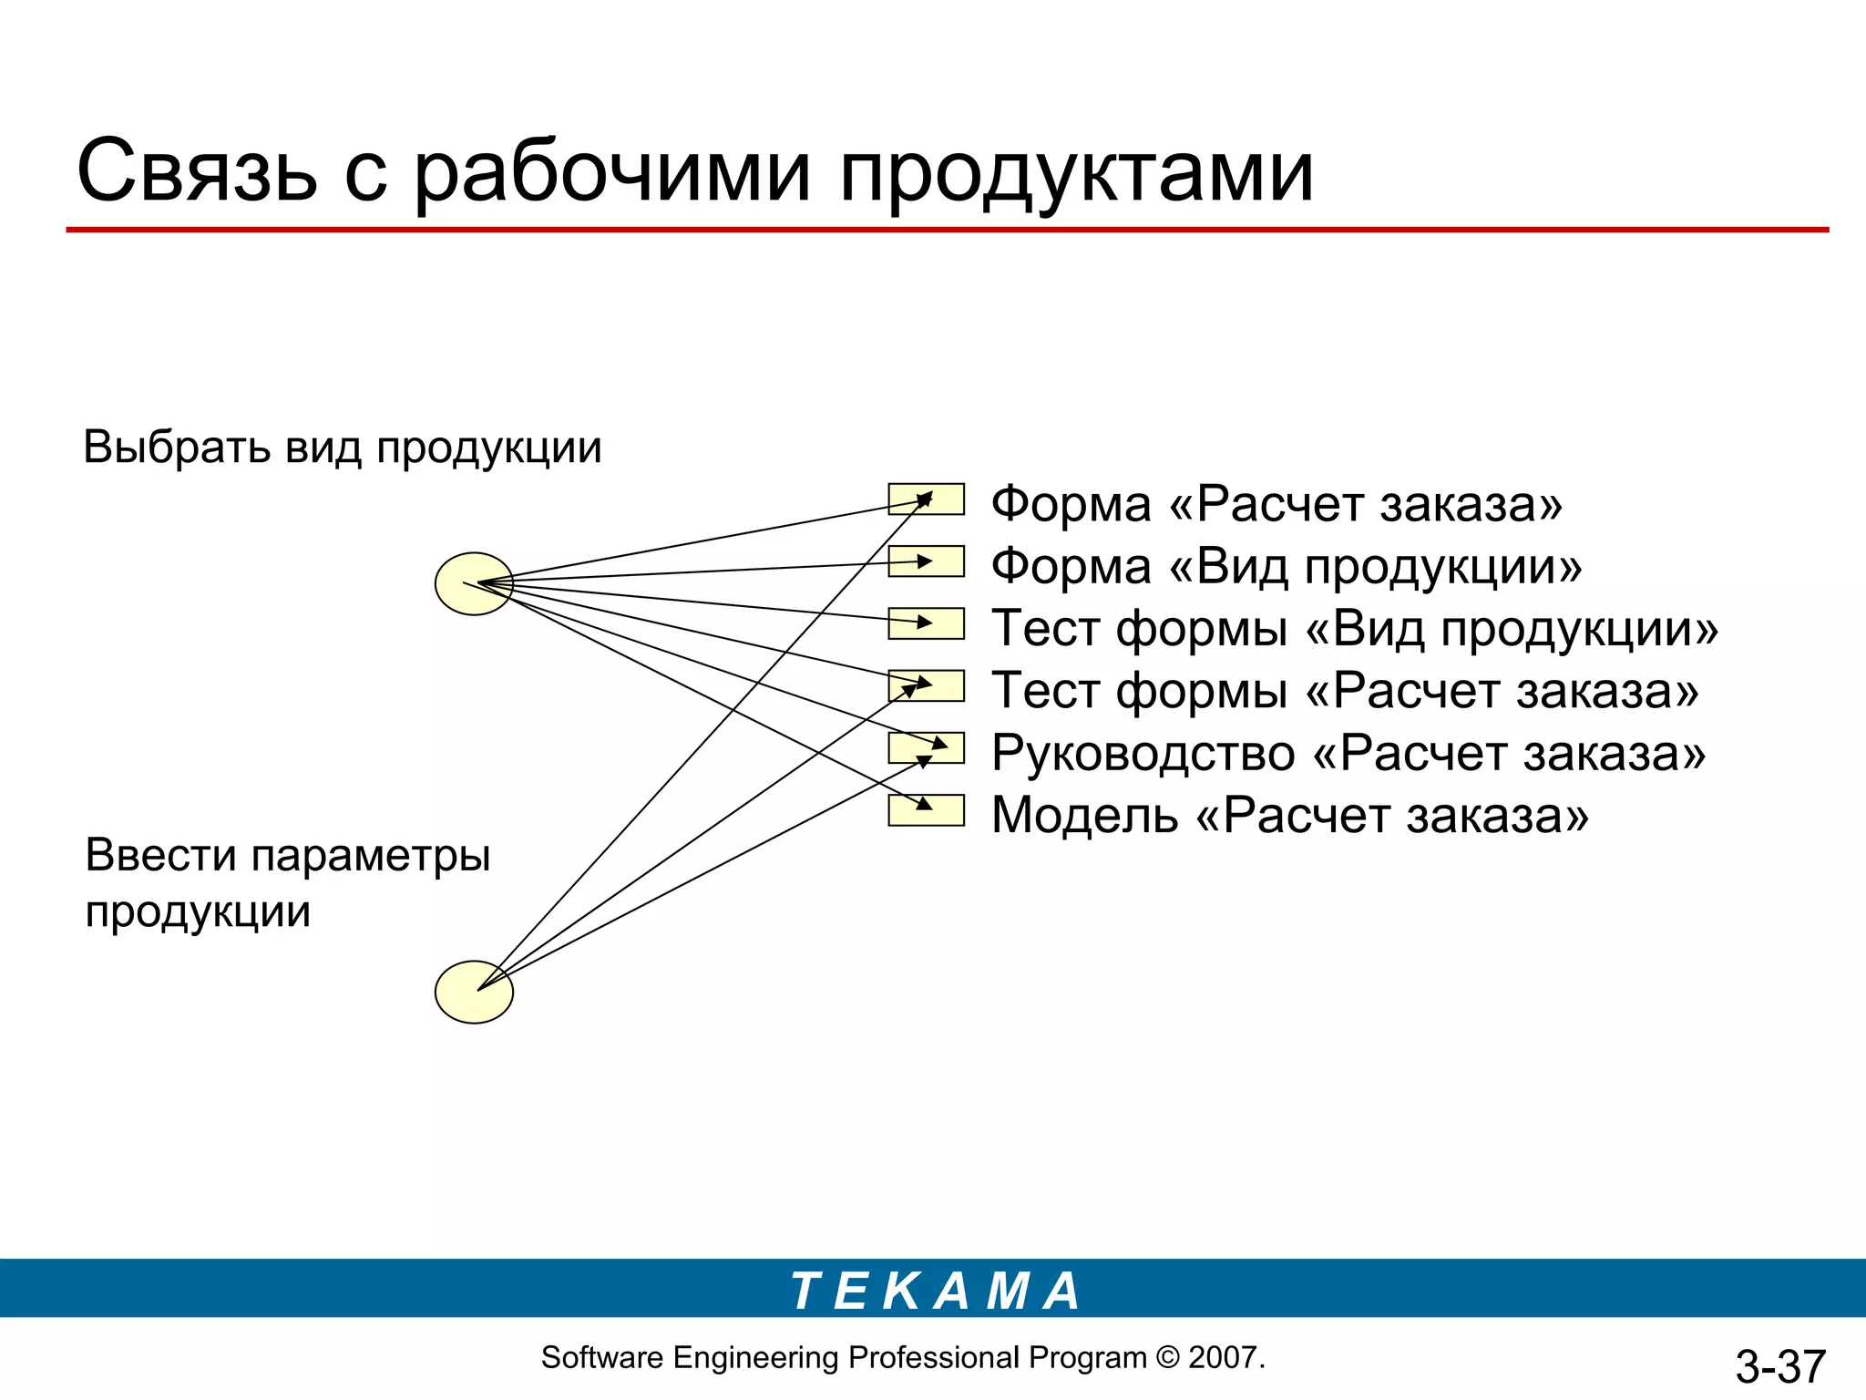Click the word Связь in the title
point(198,170)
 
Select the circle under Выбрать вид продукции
point(474,583)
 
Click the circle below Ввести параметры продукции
point(474,992)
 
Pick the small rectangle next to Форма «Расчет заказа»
point(926,499)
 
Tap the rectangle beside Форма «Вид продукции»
point(926,561)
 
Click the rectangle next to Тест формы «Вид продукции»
point(926,623)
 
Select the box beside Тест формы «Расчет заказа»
point(926,685)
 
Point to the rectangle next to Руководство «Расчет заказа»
point(926,747)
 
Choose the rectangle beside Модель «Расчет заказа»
point(926,810)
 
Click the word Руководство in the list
point(1143,754)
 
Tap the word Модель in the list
point(1084,815)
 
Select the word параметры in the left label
point(370,856)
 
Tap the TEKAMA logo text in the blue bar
point(935,1291)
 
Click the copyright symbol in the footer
point(1167,1357)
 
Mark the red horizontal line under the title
point(948,230)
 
